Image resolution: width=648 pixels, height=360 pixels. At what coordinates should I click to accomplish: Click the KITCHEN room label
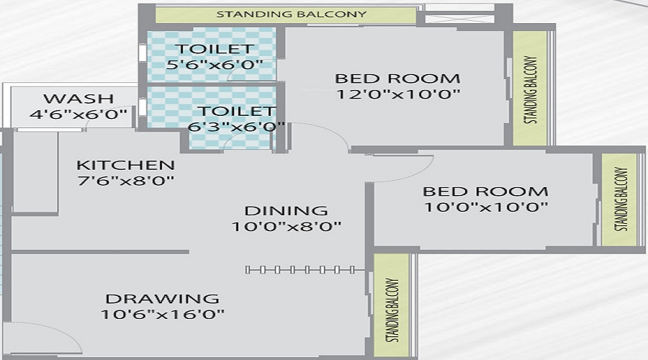tap(125, 166)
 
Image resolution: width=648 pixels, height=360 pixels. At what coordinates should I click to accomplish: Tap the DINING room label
tap(286, 211)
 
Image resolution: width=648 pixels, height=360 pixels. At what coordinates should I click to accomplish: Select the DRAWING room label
tap(163, 299)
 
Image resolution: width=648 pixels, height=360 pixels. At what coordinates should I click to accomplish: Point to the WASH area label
tap(78, 99)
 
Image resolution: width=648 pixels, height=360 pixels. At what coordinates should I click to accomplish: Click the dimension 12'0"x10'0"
tap(398, 94)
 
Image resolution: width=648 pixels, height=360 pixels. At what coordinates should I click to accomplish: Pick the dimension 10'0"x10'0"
tap(486, 207)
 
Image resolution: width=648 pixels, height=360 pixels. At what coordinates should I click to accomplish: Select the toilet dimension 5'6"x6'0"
tap(215, 65)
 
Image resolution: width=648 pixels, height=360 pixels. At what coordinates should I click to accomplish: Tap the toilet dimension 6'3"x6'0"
tap(236, 127)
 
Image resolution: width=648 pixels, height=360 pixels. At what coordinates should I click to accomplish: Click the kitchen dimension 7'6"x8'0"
tap(125, 181)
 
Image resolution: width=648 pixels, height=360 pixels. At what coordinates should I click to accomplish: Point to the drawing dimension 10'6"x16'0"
tap(163, 315)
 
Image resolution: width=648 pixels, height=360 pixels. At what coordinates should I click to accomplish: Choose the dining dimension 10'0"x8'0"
tap(286, 227)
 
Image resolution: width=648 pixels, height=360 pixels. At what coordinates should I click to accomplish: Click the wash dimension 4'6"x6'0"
tap(78, 114)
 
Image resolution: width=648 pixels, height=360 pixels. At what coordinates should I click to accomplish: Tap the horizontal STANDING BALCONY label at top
tap(292, 14)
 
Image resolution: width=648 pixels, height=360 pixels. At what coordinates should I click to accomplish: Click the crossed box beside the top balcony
tap(459, 19)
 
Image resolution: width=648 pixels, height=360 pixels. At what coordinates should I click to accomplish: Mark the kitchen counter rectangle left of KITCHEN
tap(35, 172)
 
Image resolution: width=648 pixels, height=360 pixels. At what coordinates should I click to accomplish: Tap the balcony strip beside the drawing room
tap(392, 305)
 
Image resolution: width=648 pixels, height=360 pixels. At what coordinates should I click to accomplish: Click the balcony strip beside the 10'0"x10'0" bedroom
tap(619, 199)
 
